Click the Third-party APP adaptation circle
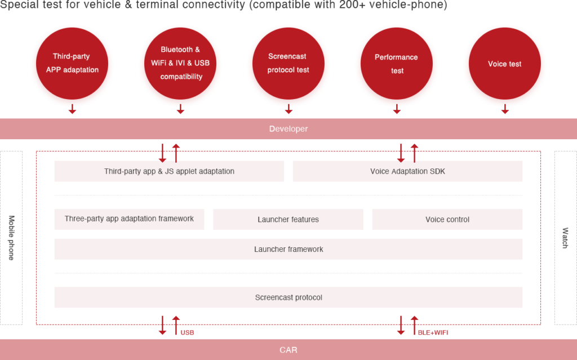[72, 64]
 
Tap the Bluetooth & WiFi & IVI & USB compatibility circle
[180, 64]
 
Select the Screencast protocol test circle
[288, 64]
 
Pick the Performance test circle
[397, 64]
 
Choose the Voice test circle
[505, 64]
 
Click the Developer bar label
[288, 129]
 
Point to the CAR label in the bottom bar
[288, 350]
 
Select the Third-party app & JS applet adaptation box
[169, 171]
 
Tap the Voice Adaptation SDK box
[407, 171]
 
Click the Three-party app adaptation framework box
[129, 219]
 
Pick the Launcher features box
[288, 219]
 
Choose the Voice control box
[447, 219]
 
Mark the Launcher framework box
[288, 249]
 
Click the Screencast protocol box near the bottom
[288, 297]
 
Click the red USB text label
[188, 333]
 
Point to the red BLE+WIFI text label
[433, 333]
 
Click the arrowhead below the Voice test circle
[505, 112]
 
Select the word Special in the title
[19, 5]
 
